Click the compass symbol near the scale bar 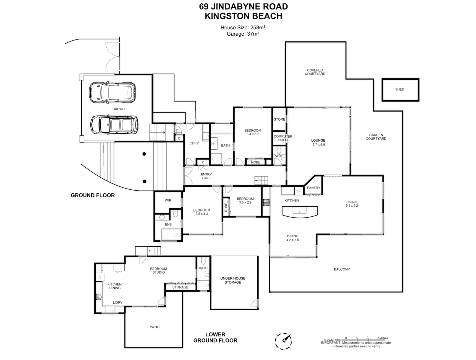(283, 341)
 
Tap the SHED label (400, 89)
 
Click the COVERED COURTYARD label (315, 72)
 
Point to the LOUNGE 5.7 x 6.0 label (318, 143)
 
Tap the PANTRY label (313, 188)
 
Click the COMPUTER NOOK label (283, 138)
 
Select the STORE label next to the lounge (279, 119)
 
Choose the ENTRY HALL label (206, 176)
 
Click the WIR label (168, 200)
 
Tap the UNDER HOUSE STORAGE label (232, 280)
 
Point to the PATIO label (154, 327)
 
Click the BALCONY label (342, 269)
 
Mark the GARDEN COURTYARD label (376, 137)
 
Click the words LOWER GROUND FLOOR (215, 337)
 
